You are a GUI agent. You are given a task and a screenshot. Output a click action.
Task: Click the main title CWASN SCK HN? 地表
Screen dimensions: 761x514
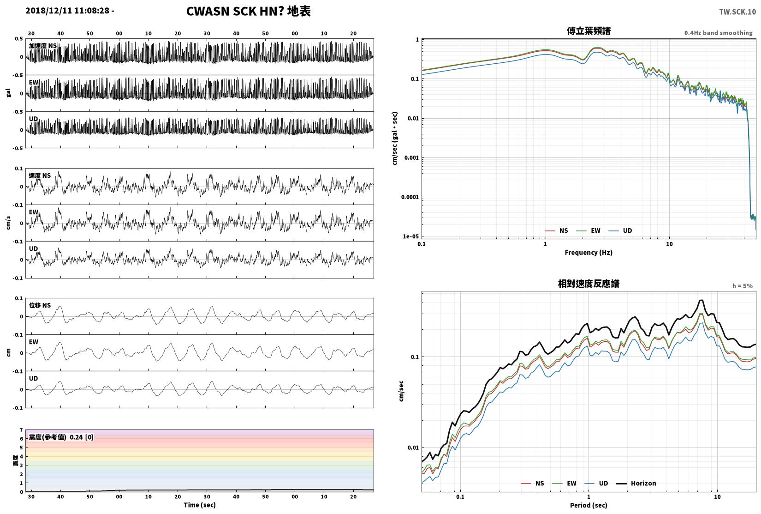[x=248, y=11]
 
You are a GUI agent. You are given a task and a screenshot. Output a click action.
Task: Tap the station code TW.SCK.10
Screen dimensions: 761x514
[x=737, y=12]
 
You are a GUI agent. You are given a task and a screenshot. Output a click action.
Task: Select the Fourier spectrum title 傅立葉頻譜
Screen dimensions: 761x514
[x=589, y=31]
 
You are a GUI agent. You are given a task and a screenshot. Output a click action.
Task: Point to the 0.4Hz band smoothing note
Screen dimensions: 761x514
[x=719, y=33]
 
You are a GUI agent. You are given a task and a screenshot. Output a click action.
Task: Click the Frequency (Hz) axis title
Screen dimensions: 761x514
[x=589, y=253]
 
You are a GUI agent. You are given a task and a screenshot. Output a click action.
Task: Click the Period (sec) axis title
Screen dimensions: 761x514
[x=589, y=505]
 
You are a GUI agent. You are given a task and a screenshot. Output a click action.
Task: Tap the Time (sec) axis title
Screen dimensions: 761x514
[x=200, y=505]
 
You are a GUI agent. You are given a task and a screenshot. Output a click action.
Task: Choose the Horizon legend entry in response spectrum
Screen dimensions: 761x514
[x=636, y=484]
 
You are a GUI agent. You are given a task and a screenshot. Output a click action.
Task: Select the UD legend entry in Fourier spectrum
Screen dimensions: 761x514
[x=620, y=230]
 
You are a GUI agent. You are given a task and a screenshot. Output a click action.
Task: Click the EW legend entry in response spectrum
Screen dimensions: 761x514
[x=565, y=484]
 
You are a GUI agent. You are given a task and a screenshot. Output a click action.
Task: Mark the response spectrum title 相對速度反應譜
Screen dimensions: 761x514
[x=589, y=284]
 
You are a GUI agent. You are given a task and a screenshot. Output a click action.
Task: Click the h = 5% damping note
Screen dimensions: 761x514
[x=742, y=286]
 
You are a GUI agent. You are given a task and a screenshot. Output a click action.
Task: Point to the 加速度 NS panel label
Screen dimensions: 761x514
[x=43, y=46]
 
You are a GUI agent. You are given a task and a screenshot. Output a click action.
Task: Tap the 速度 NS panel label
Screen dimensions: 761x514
[x=40, y=175]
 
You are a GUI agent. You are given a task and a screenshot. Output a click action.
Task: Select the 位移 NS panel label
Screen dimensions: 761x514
[x=40, y=305]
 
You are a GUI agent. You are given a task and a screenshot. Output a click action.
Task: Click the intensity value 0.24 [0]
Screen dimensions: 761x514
[x=82, y=437]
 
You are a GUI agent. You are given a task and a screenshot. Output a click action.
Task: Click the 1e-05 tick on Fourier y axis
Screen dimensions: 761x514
[x=410, y=236]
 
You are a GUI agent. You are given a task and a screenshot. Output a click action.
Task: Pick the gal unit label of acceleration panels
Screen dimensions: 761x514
[x=8, y=93]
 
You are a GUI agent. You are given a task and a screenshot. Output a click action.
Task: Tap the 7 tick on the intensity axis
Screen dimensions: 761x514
[x=21, y=430]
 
